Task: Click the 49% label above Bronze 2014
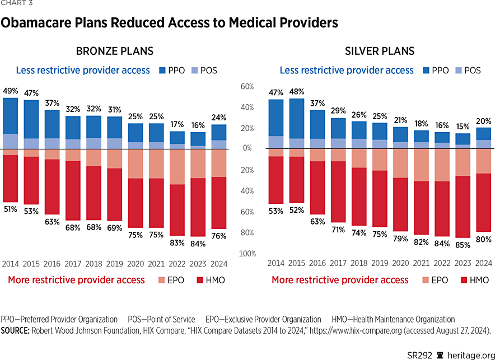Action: (x=10, y=91)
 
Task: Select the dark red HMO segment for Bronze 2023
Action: (x=198, y=207)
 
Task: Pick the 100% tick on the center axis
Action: (x=247, y=254)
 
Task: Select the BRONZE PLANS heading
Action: (x=114, y=52)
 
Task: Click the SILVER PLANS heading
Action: (x=380, y=52)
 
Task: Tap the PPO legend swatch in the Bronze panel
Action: (x=164, y=71)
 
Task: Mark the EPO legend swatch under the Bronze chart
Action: (x=163, y=279)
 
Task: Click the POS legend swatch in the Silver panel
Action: (x=459, y=71)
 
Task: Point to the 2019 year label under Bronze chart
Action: (x=114, y=263)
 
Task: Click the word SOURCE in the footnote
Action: (x=15, y=330)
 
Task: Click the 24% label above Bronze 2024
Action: (x=218, y=118)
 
